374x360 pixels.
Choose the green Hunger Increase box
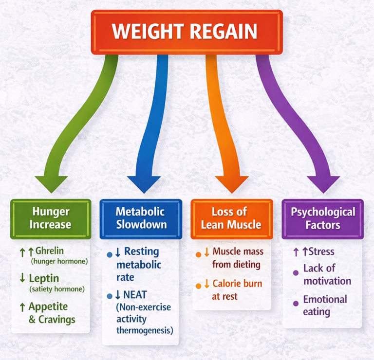[x=51, y=218]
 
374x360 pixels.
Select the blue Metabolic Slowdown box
[x=141, y=218]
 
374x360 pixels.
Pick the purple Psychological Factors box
[x=323, y=218]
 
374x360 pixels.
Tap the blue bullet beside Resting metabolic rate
[x=110, y=254]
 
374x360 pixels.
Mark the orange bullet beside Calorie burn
[x=198, y=285]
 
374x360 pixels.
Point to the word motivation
[x=327, y=281]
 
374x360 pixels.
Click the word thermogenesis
[x=145, y=331]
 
